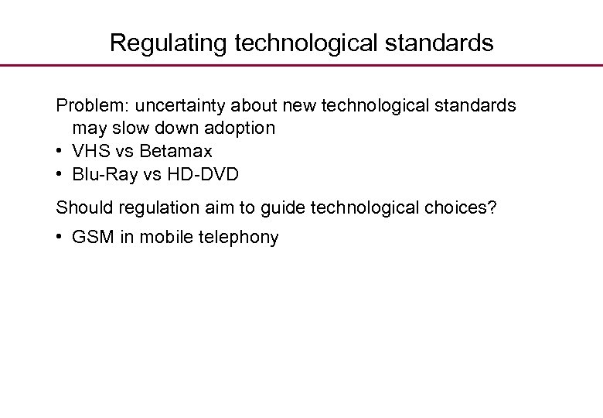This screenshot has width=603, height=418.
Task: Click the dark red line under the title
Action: (x=301, y=66)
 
